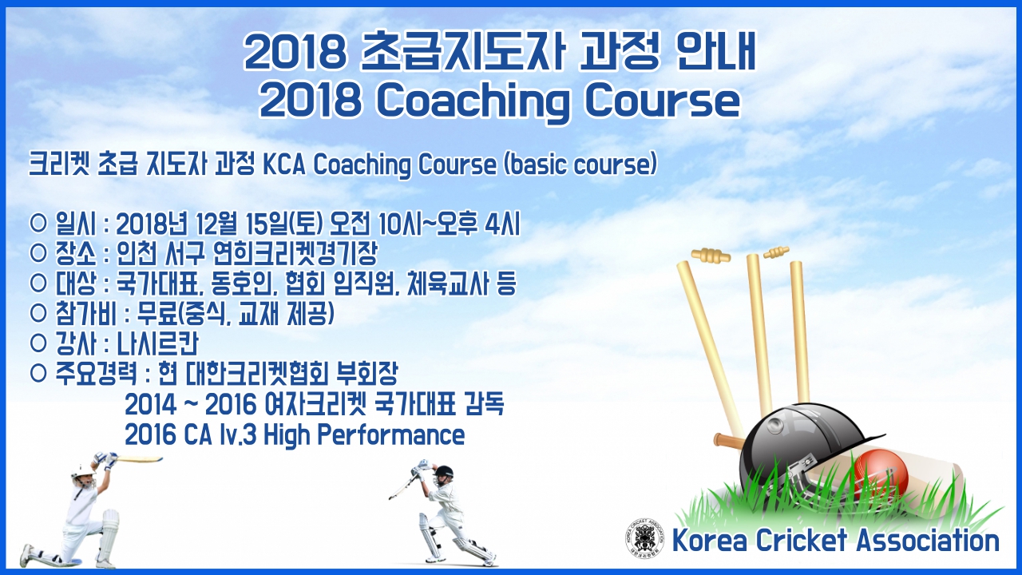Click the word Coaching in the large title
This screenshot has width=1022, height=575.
click(x=473, y=101)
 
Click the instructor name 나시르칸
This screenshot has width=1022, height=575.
click(x=158, y=343)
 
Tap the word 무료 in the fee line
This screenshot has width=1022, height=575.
click(x=157, y=314)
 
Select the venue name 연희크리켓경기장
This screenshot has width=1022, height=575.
click(x=295, y=254)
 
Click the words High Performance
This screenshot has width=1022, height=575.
click(x=364, y=434)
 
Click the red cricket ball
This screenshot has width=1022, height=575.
click(x=881, y=473)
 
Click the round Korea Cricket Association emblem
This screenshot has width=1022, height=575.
click(x=644, y=539)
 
